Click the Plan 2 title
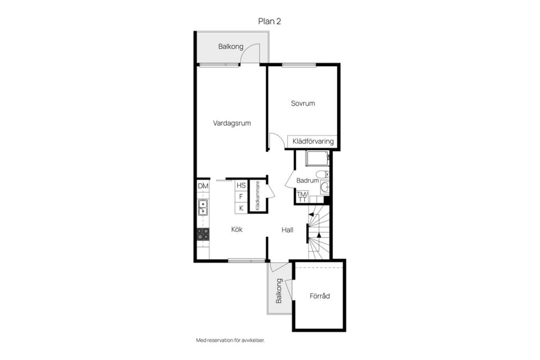pyautogui.click(x=269, y=21)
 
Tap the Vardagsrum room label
pyautogui.click(x=232, y=123)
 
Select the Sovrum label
pyautogui.click(x=303, y=103)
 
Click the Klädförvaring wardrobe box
pyautogui.click(x=313, y=141)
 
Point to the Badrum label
pyautogui.click(x=308, y=181)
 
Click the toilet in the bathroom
pyautogui.click(x=322, y=174)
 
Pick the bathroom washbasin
pyautogui.click(x=325, y=188)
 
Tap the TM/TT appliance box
pyautogui.click(x=303, y=197)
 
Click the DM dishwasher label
pyautogui.click(x=203, y=186)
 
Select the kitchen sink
pyautogui.click(x=203, y=207)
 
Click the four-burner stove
pyautogui.click(x=203, y=234)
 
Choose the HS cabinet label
pyautogui.click(x=241, y=185)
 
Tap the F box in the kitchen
pyautogui.click(x=241, y=197)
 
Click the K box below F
pyautogui.click(x=241, y=208)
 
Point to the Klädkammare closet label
pyautogui.click(x=257, y=196)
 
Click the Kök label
pyautogui.click(x=237, y=229)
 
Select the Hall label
pyautogui.click(x=287, y=229)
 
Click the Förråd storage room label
pyautogui.click(x=319, y=296)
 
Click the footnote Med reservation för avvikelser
pyautogui.click(x=231, y=340)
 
